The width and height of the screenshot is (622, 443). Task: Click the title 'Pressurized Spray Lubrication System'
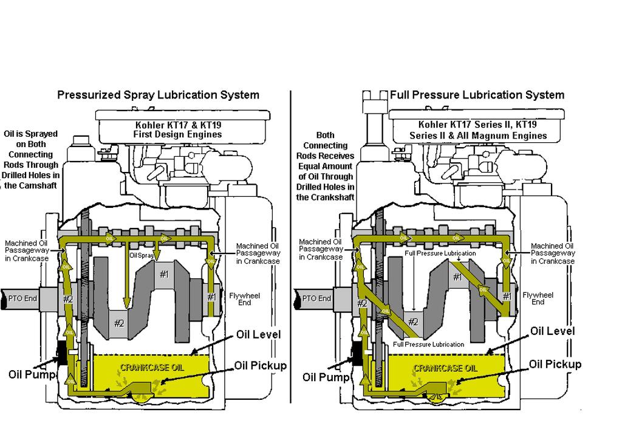[158, 95]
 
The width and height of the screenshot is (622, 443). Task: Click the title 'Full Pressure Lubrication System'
[477, 95]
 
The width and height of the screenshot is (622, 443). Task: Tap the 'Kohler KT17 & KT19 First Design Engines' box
[178, 129]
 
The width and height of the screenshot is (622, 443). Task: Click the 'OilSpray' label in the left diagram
[141, 256]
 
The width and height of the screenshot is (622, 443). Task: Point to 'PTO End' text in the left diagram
[23, 298]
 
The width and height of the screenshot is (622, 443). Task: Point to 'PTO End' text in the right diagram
[316, 298]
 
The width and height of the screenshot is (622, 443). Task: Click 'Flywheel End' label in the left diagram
[245, 299]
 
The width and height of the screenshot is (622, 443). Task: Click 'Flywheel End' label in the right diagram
[538, 298]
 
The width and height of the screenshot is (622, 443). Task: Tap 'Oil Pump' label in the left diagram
[32, 374]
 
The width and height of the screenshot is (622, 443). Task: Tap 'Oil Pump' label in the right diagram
[326, 377]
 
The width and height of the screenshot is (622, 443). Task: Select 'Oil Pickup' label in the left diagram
[260, 366]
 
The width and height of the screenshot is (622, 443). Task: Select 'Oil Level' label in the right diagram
[552, 331]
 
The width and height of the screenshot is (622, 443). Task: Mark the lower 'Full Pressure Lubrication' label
[428, 345]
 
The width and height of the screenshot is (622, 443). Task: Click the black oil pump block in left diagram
[61, 352]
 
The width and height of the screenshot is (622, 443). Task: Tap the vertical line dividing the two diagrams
[290, 243]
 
